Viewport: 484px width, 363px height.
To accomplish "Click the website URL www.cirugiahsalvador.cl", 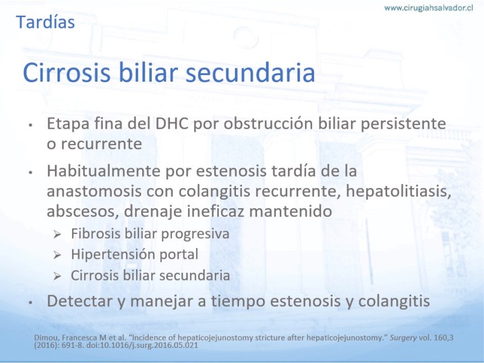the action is coord(428,8).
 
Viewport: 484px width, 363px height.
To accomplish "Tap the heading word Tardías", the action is coord(45,22).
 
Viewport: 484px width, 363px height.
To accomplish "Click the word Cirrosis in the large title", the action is coord(67,73).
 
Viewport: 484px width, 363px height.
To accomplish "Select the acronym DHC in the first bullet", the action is coord(172,123).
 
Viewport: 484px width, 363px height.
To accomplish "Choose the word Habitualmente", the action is coord(103,171).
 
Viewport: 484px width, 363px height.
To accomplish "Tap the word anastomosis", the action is coord(94,191).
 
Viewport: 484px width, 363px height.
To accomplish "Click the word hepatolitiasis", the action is coord(399,191).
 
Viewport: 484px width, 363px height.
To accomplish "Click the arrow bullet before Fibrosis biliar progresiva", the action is coord(57,234).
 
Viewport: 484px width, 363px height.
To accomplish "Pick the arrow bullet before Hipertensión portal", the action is coord(57,255).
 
